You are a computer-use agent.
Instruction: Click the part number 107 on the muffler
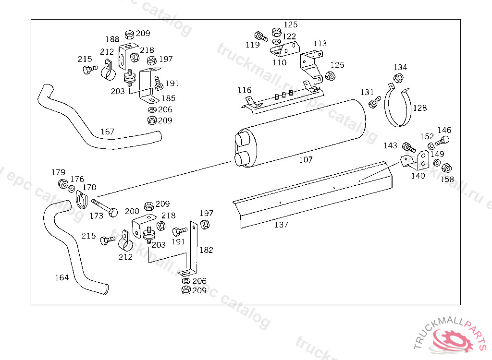pos(306,160)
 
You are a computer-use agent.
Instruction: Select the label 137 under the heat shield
pos(282,225)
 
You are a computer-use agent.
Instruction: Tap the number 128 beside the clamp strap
pos(419,108)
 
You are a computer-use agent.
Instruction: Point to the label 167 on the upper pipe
pos(108,132)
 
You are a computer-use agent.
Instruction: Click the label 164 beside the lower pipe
pos(61,277)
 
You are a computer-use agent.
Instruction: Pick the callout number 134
pos(400,67)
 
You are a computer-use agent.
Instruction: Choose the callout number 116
pos(244,90)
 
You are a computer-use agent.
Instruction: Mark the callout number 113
pos(320,44)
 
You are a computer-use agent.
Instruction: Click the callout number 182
pos(206,250)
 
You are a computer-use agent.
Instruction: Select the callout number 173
pos(96,216)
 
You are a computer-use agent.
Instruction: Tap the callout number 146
pos(444,130)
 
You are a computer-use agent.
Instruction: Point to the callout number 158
pos(447,180)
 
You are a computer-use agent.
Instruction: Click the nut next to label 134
pos(398,78)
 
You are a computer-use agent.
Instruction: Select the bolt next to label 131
pos(375,101)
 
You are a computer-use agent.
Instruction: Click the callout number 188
pos(112,39)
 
